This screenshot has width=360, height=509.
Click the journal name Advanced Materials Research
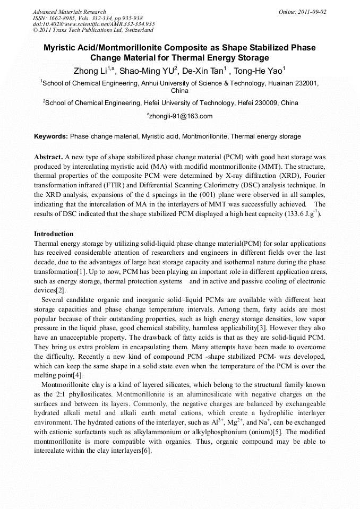click(69, 12)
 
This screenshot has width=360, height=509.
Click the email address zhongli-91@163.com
click(180, 116)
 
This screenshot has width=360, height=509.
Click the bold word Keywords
click(51, 136)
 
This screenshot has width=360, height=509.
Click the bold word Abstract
click(48, 158)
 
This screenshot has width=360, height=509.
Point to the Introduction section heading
click(54, 234)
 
